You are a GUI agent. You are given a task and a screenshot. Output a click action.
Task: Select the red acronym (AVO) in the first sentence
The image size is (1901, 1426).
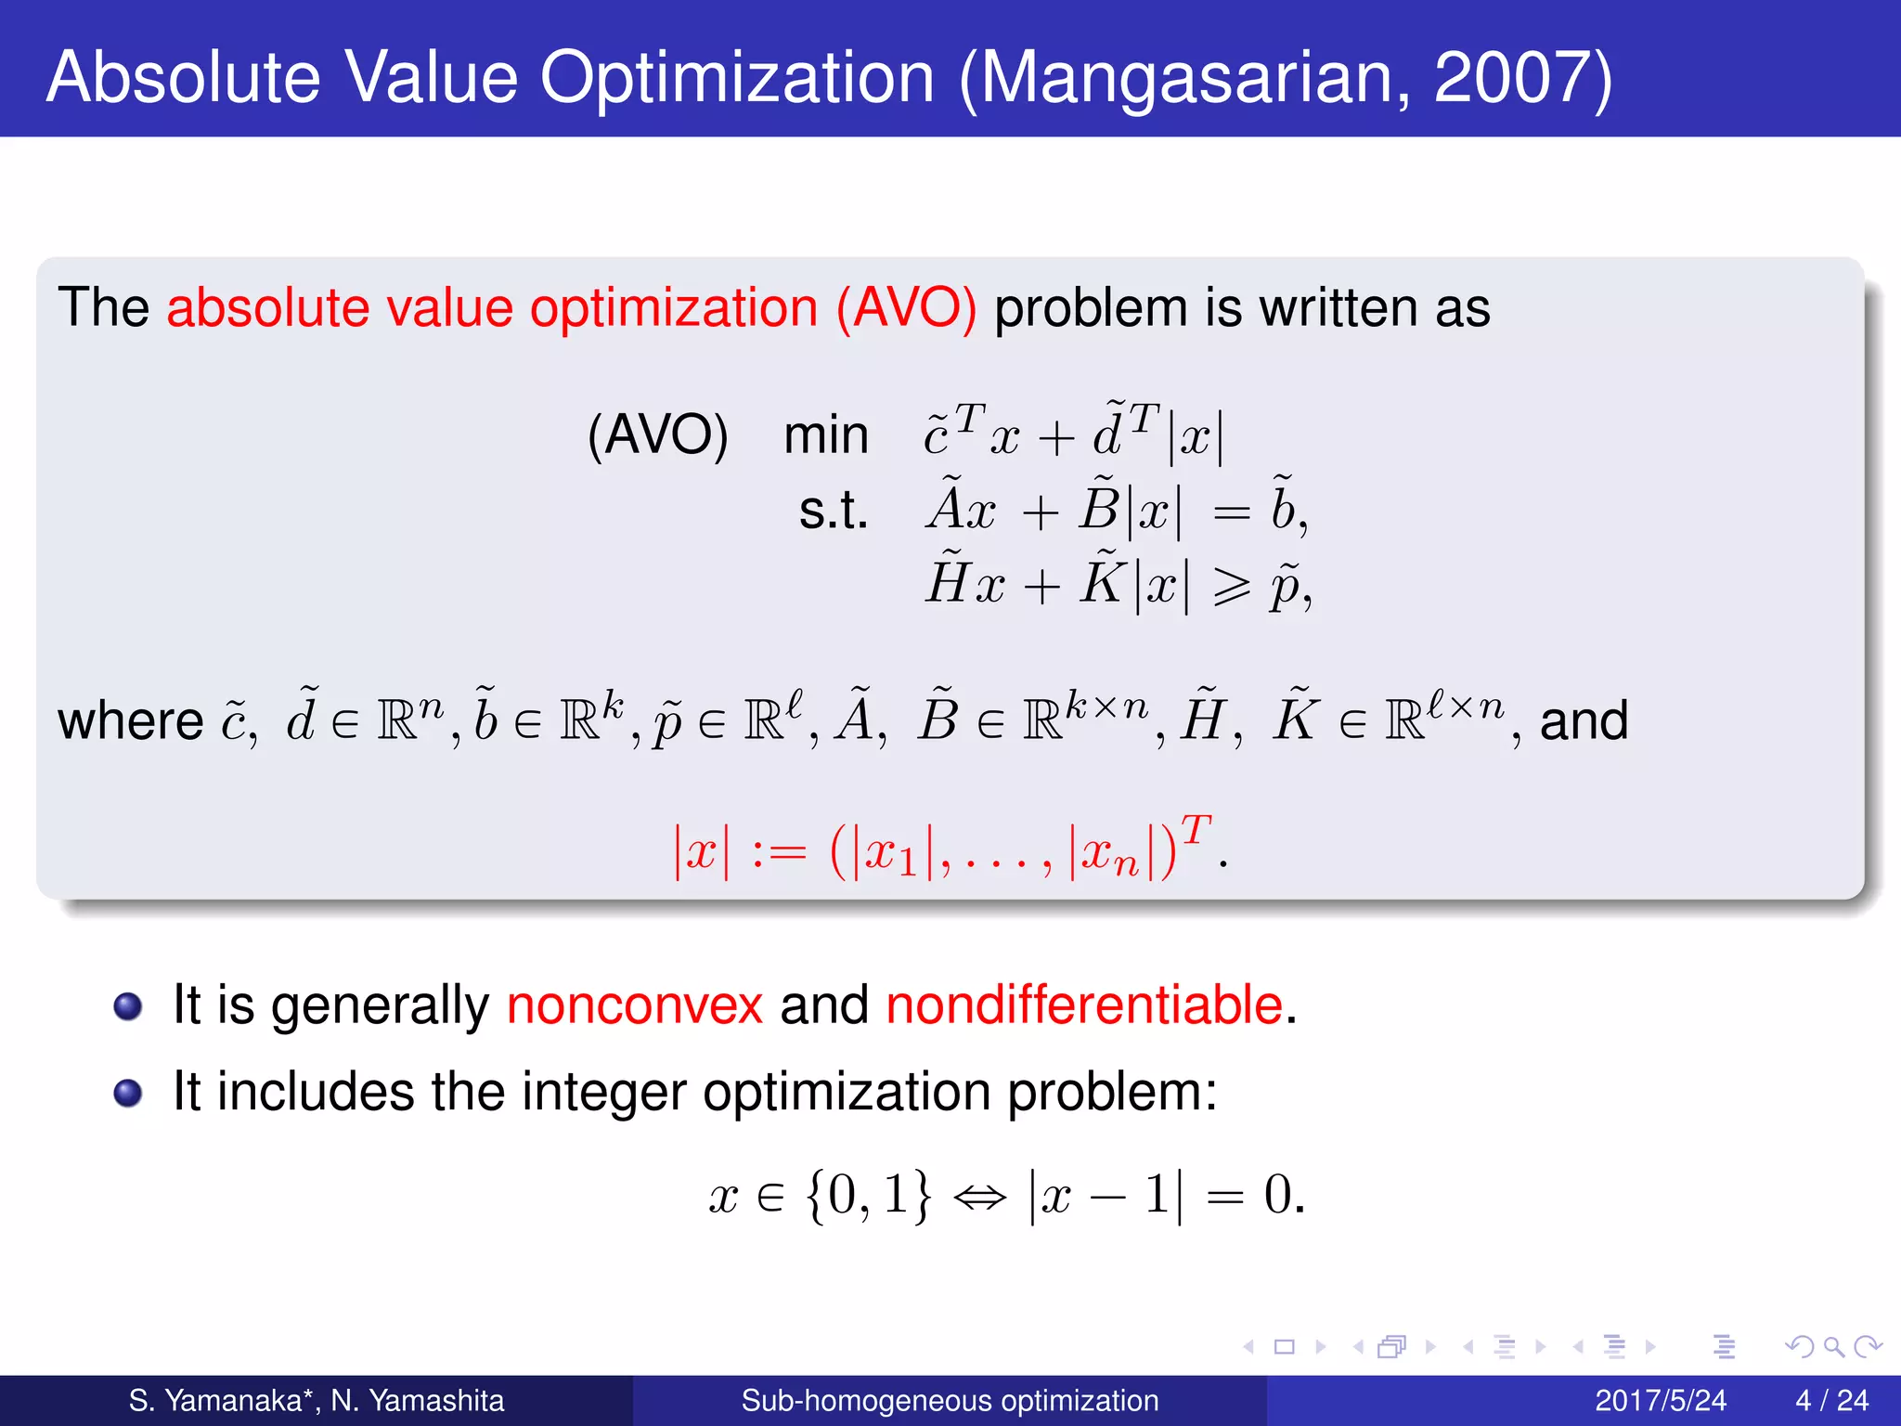tap(906, 308)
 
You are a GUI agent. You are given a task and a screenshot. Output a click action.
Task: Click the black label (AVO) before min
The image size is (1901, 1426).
tap(657, 434)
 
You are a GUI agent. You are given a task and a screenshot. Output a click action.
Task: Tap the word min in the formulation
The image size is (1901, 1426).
tap(825, 434)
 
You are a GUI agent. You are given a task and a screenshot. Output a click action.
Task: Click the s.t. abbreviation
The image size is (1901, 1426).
tap(833, 511)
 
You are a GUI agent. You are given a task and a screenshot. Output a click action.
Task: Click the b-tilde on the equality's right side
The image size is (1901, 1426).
tap(1284, 507)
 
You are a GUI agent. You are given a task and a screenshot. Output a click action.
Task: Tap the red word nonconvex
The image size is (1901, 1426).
tap(634, 1005)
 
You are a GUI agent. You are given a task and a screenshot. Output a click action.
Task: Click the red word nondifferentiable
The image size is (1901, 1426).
tap(1084, 1005)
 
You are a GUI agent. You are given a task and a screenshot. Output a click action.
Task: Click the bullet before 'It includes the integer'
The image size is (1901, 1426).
tap(127, 1093)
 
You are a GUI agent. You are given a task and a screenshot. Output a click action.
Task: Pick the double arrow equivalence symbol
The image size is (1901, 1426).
tap(979, 1197)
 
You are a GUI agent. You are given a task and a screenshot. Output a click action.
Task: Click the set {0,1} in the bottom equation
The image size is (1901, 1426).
tap(868, 1195)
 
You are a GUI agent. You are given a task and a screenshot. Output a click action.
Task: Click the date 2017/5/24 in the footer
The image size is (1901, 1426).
tap(1660, 1400)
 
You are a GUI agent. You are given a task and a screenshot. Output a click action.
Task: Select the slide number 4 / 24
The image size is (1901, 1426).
tap(1831, 1400)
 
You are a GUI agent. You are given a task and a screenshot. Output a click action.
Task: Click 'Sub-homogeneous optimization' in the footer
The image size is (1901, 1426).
tap(950, 1400)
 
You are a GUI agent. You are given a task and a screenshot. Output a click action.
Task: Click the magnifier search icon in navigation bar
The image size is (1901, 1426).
tap(1833, 1346)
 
